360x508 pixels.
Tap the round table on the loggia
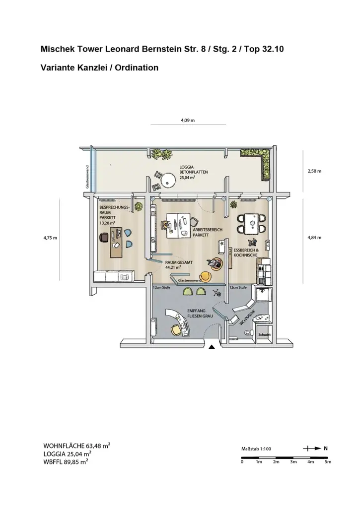tap(169, 179)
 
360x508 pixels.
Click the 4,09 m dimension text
tap(187, 121)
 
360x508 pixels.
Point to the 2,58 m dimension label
tap(315, 171)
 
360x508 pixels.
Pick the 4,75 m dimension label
tap(51, 238)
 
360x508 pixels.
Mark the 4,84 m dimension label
tap(315, 238)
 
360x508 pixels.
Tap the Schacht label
tap(264, 335)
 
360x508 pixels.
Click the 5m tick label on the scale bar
tap(328, 462)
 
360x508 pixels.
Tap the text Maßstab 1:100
tap(256, 449)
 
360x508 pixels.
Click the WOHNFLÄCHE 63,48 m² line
tap(77, 445)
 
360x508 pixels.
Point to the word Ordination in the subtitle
tap(137, 67)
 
